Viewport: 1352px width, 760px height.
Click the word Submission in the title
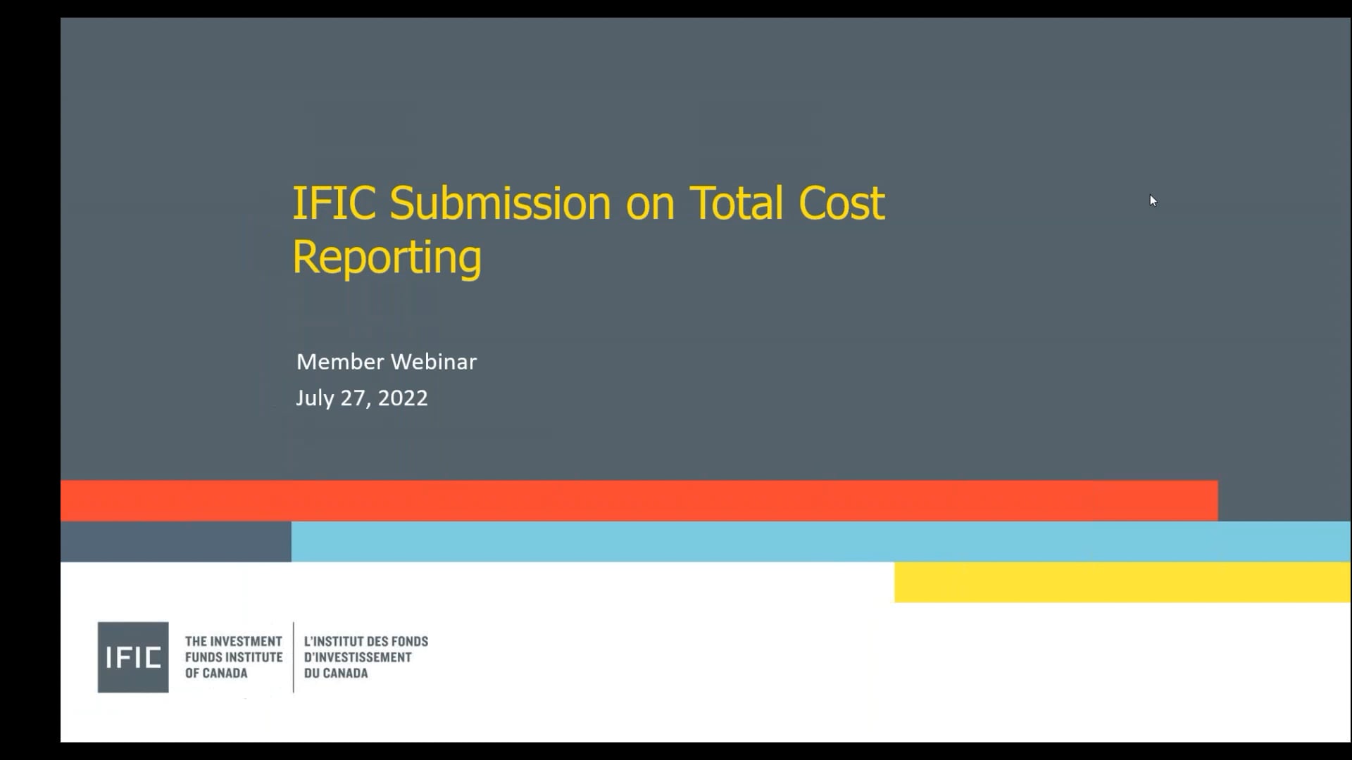click(x=500, y=204)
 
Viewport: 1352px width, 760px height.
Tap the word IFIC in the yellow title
click(x=334, y=204)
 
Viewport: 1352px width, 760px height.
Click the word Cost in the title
click(x=841, y=204)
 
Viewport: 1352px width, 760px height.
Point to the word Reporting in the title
click(x=387, y=258)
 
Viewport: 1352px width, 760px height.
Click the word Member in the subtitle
click(x=339, y=362)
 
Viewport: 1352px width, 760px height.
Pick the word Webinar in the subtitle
click(x=433, y=362)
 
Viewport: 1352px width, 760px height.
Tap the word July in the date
click(x=315, y=398)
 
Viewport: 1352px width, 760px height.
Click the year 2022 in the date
click(x=403, y=398)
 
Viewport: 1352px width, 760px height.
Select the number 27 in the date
click(x=354, y=398)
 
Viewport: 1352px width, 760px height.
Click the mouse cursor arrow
click(x=1153, y=201)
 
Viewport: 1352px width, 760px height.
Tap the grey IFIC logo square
click(x=133, y=657)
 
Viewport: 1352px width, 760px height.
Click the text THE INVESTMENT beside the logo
click(x=233, y=641)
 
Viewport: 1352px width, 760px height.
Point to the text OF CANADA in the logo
click(x=216, y=673)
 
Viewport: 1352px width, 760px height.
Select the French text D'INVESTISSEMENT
click(x=358, y=657)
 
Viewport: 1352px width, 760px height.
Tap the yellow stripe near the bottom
click(x=1122, y=582)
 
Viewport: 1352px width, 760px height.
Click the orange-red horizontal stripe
click(x=639, y=501)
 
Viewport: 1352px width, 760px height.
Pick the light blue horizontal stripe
click(x=820, y=542)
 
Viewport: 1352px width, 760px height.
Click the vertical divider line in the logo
click(x=294, y=657)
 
